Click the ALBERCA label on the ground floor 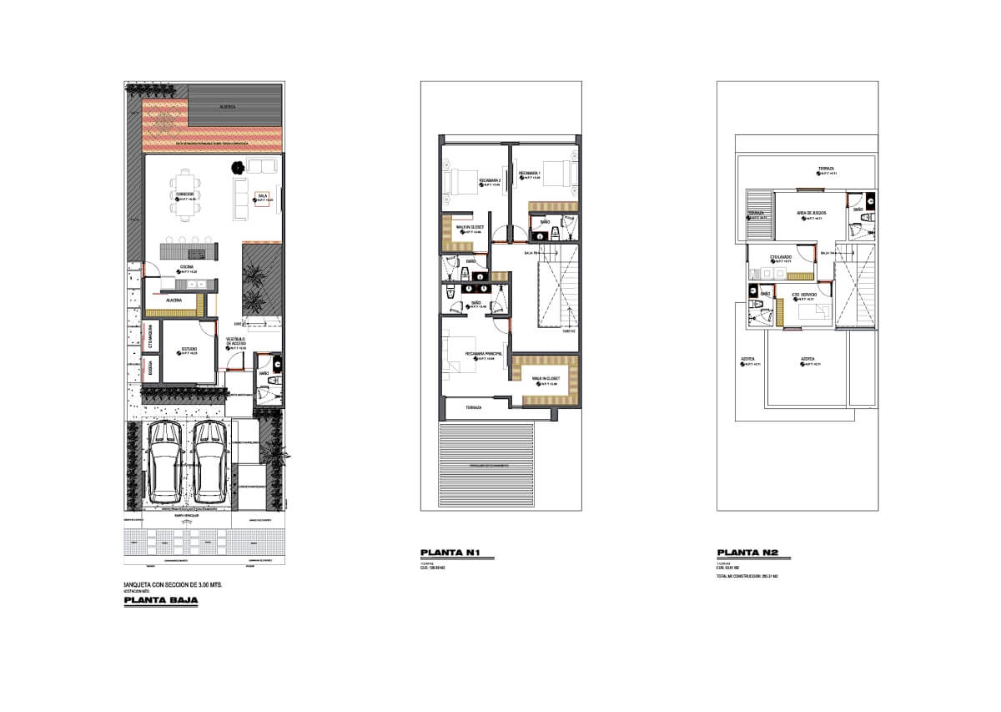[x=227, y=107]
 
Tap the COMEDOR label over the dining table [x=184, y=195]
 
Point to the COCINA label [x=187, y=267]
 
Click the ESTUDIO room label [x=189, y=349]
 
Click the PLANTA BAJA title [x=160, y=599]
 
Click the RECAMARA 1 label [x=530, y=174]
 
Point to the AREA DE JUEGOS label [x=811, y=213]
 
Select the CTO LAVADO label [x=780, y=257]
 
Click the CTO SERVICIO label [x=804, y=295]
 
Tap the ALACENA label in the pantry [x=174, y=300]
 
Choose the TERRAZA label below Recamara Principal [x=473, y=407]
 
